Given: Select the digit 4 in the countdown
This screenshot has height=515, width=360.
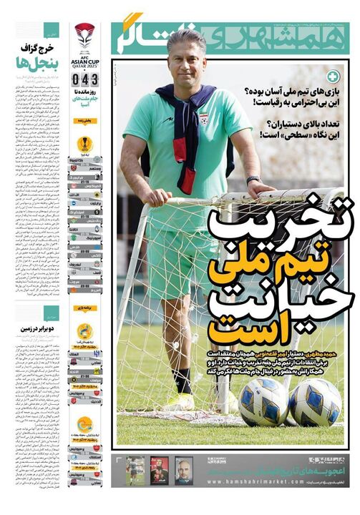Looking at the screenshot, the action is click(84, 78).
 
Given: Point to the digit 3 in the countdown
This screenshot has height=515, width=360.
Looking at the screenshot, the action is click(93, 78).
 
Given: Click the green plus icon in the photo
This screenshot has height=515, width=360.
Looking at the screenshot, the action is click(333, 75).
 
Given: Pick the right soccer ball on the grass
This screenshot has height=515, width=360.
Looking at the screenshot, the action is click(315, 402).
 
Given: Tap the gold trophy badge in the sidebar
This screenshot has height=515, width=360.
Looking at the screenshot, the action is click(84, 144).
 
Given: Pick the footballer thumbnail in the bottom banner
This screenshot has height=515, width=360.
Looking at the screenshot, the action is click(135, 470).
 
